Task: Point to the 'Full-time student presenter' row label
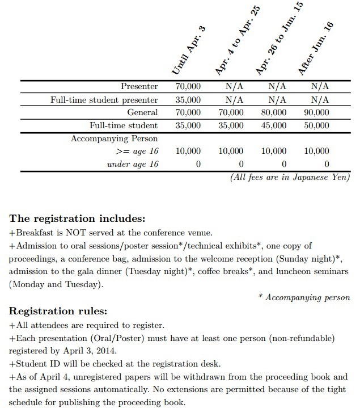pyautogui.click(x=104, y=99)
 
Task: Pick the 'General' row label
pyautogui.click(x=143, y=112)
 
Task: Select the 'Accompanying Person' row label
pyautogui.click(x=114, y=138)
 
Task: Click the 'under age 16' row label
pyautogui.click(x=133, y=164)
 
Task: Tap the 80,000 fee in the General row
pyautogui.click(x=274, y=112)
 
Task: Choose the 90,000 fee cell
pyautogui.click(x=316, y=112)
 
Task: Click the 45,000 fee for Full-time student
pyautogui.click(x=274, y=125)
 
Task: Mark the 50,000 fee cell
pyautogui.click(x=316, y=125)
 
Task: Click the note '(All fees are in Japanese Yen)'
pyautogui.click(x=290, y=177)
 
